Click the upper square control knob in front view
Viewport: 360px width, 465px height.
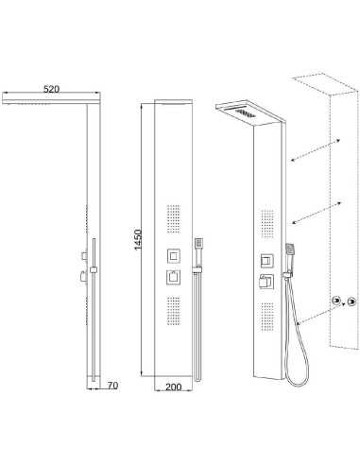tap(174, 254)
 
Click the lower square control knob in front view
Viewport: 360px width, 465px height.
tap(174, 277)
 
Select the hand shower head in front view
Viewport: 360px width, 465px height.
tap(200, 244)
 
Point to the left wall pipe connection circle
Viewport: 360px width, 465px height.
tap(335, 300)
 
